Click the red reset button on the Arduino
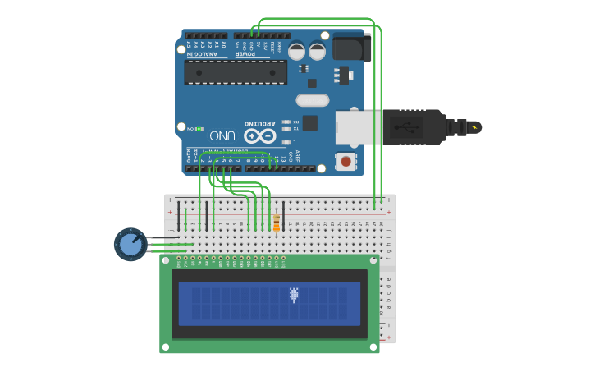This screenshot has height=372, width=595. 346,160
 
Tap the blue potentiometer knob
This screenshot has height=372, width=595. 130,244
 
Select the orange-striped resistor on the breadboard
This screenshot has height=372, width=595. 277,223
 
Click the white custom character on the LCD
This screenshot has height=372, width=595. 294,295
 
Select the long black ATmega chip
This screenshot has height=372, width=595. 236,72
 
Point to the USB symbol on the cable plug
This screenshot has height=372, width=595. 405,127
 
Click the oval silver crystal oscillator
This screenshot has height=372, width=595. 312,100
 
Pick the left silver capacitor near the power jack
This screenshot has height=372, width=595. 296,51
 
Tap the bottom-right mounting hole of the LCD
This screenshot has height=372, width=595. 373,347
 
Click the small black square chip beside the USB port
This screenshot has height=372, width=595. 310,123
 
